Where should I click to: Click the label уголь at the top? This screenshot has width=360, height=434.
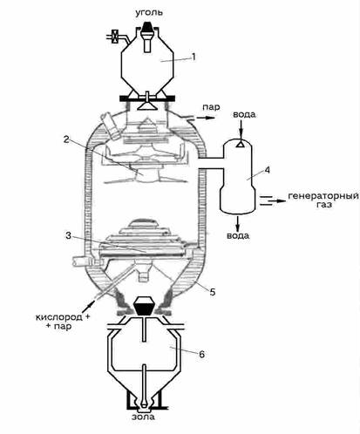tap(149, 13)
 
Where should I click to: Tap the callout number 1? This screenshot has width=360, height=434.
tap(194, 57)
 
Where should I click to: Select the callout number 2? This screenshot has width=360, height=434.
tap(67, 139)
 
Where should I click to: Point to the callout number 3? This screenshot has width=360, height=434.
tap(68, 235)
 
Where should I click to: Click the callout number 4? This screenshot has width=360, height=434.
tap(267, 170)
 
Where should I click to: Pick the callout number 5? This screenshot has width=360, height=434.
tap(213, 292)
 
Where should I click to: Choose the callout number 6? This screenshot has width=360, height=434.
tap(202, 354)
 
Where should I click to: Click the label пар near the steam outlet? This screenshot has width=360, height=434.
tap(211, 107)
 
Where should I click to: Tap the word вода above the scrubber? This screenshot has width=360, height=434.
tap(244, 114)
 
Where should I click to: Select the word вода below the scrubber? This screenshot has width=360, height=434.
tap(238, 235)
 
